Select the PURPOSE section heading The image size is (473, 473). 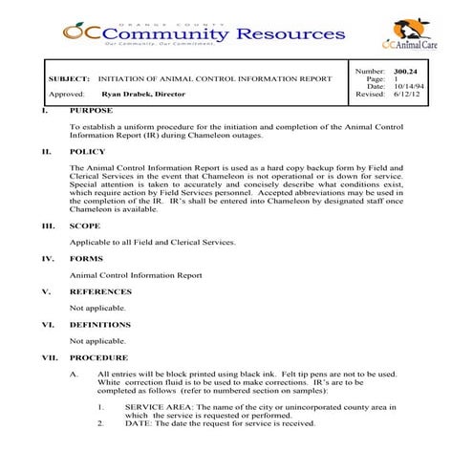point(91,110)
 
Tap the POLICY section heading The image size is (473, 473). point(88,151)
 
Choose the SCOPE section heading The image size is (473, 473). point(86,226)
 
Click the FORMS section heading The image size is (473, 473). point(87,259)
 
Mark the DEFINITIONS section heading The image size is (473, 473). point(102,324)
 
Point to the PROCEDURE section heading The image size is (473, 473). point(98,357)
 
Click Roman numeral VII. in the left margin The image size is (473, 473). point(50,357)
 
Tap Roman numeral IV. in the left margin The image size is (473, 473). point(48,259)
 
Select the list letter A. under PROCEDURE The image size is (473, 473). point(75,374)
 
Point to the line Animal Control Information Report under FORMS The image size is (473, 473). point(136,275)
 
